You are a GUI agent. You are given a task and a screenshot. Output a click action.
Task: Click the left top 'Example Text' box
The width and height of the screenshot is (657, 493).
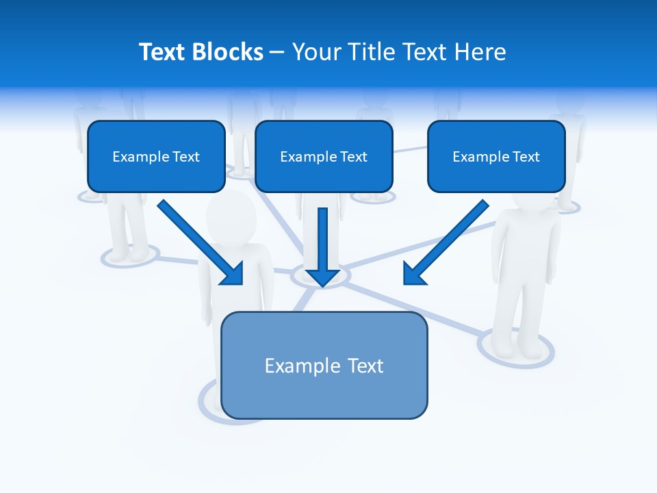[156, 156]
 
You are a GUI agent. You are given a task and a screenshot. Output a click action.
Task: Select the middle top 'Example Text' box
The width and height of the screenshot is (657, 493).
[324, 156]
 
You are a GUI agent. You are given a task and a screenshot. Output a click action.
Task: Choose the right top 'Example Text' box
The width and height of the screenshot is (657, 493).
[496, 156]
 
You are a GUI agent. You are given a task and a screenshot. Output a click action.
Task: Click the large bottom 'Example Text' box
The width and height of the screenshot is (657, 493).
[324, 365]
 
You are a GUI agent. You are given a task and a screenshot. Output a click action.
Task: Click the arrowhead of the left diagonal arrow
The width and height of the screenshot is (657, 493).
[234, 275]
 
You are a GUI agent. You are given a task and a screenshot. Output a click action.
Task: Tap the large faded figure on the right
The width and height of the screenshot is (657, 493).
[524, 274]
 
